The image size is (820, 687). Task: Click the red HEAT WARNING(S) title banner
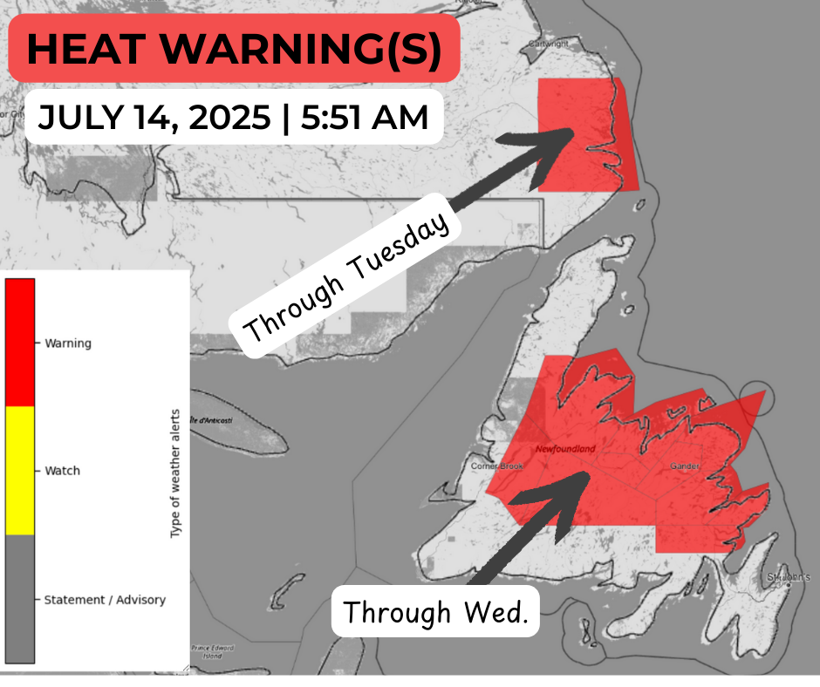point(234,49)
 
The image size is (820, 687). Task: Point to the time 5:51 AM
point(365,117)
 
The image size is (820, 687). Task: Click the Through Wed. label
point(435,612)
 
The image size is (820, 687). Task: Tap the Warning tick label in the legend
point(68,343)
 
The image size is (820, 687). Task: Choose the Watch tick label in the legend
point(62,471)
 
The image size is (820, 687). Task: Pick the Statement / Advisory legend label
point(104,600)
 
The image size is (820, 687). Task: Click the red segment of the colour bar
point(20,342)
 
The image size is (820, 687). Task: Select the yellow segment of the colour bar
point(20,471)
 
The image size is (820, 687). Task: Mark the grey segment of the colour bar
point(20,600)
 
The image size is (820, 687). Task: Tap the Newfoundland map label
point(565,449)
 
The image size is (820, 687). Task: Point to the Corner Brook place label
point(496,466)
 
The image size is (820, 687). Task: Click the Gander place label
point(686,466)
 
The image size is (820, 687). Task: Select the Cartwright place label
point(571,42)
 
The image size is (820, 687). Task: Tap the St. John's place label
point(789,577)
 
